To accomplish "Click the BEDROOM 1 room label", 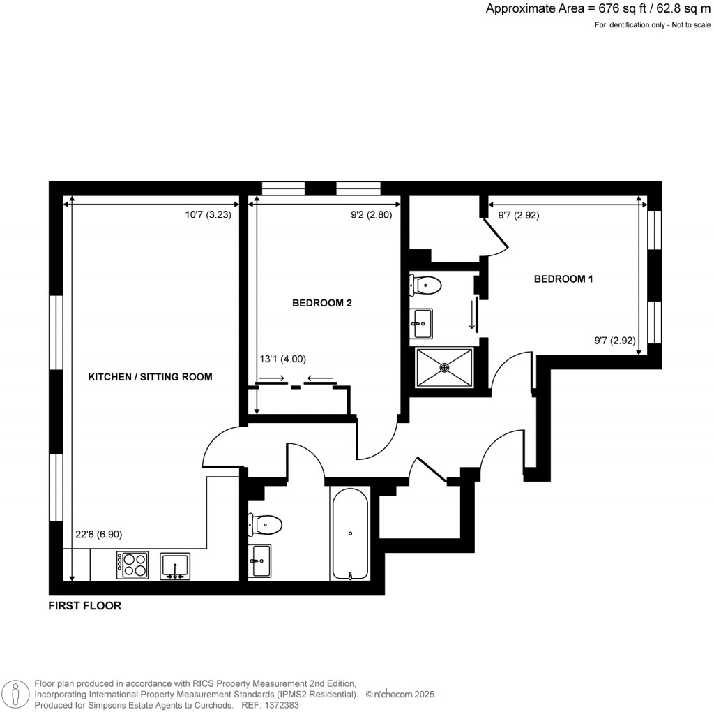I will coord(563,279).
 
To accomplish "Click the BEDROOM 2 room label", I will coord(321,303).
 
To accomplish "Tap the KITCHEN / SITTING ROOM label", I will coord(150,377).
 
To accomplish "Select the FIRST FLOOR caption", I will coord(84,606).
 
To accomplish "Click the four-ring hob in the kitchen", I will coord(132,565).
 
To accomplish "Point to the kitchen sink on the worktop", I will coord(175,565).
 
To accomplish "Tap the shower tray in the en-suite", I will coord(444,366).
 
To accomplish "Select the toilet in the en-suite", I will coord(426,285).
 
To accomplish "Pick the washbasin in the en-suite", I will coord(422,323).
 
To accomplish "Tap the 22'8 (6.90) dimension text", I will coord(98,535).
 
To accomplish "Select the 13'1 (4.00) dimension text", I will coord(282,359).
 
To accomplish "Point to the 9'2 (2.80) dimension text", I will coord(371,216).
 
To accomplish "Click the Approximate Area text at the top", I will coord(598,9).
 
